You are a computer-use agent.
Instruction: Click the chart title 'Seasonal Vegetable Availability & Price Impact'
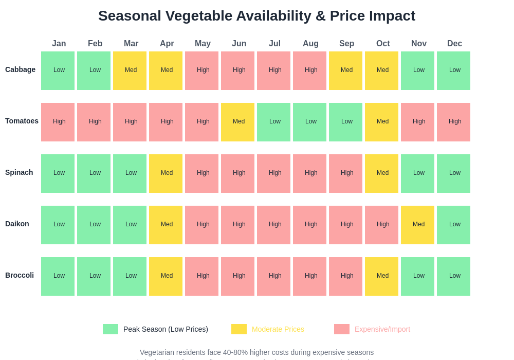pyautogui.click(x=256, y=16)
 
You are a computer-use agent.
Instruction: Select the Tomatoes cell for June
pyautogui.click(x=238, y=122)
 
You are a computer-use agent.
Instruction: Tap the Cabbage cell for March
pyautogui.click(x=131, y=70)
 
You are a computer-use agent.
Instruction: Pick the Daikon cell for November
pyautogui.click(x=418, y=225)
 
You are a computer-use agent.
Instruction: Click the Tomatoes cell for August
pyautogui.click(x=310, y=122)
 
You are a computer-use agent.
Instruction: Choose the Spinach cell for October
pyautogui.click(x=382, y=173)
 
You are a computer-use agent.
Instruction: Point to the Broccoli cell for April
pyautogui.click(x=167, y=276)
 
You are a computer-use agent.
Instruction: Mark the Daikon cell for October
pyautogui.click(x=382, y=225)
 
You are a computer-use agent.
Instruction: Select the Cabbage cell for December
pyautogui.click(x=454, y=70)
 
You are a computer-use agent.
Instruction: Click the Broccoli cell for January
pyautogui.click(x=59, y=276)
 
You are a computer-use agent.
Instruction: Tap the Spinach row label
pyautogui.click(x=19, y=172)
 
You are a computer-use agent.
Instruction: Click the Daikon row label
pyautogui.click(x=17, y=224)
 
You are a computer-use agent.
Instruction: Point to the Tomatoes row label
pyautogui.click(x=22, y=121)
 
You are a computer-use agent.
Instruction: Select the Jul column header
pyautogui.click(x=274, y=44)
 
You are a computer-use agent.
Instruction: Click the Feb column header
pyautogui.click(x=95, y=44)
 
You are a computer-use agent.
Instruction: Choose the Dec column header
pyautogui.click(x=454, y=44)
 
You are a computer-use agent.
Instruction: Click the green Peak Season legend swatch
pyautogui.click(x=111, y=329)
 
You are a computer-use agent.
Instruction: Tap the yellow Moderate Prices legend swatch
pyautogui.click(x=239, y=329)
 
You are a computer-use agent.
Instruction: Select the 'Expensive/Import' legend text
pyautogui.click(x=382, y=329)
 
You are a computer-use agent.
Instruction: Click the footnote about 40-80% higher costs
pyautogui.click(x=256, y=352)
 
